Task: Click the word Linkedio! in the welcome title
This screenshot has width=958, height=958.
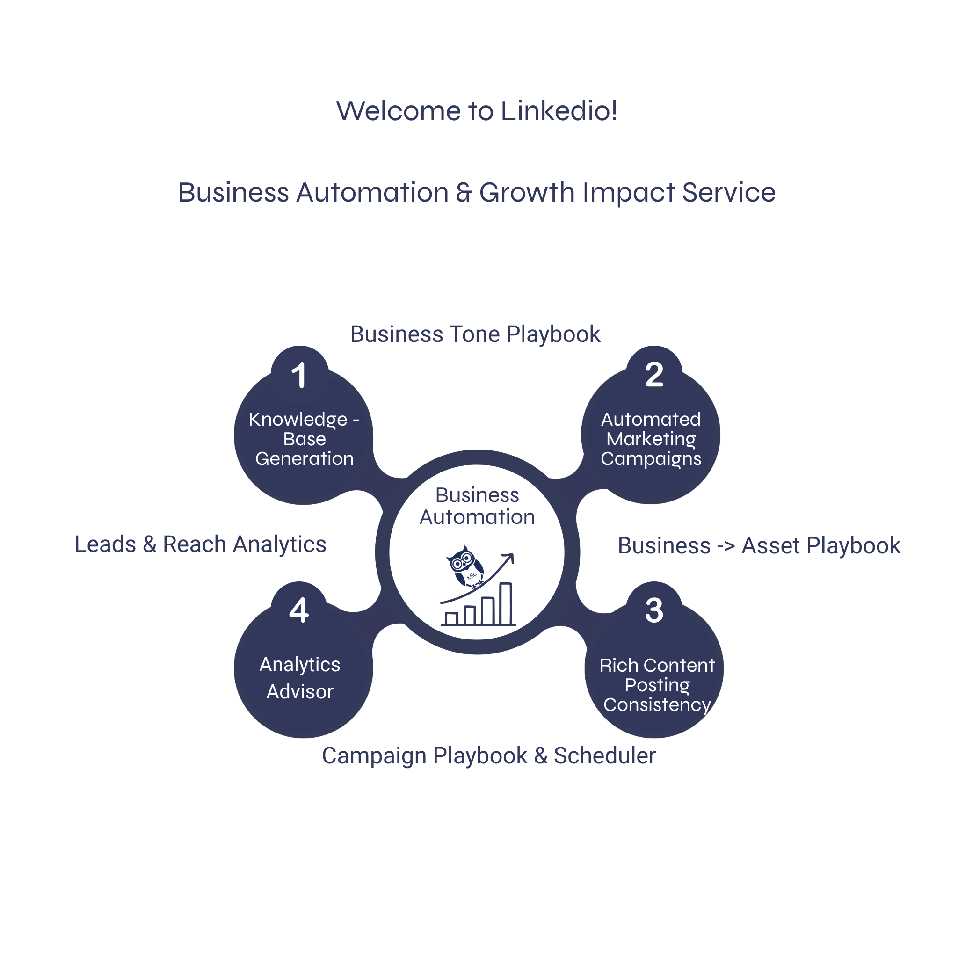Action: click(559, 110)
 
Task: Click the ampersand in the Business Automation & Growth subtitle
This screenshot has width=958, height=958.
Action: click(464, 192)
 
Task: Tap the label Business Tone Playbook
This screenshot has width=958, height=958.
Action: click(475, 334)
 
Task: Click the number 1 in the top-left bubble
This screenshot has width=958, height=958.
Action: click(299, 375)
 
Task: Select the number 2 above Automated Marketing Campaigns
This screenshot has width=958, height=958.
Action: click(654, 375)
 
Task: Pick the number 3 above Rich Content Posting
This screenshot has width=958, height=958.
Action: click(654, 610)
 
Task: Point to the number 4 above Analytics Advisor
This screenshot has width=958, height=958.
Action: click(299, 610)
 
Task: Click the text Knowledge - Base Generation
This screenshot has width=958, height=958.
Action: click(304, 439)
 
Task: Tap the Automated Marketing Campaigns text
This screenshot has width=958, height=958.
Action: click(651, 439)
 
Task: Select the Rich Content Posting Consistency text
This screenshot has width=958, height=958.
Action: click(657, 685)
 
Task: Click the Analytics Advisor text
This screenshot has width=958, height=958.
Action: click(300, 678)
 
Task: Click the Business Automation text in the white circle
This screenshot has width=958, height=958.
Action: click(477, 506)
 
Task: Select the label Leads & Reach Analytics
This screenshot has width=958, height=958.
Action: click(200, 544)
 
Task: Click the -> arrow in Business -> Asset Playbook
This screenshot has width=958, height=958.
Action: click(726, 546)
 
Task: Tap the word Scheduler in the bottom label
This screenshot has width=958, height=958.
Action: click(604, 756)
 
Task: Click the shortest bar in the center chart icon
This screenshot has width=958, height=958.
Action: click(451, 618)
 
